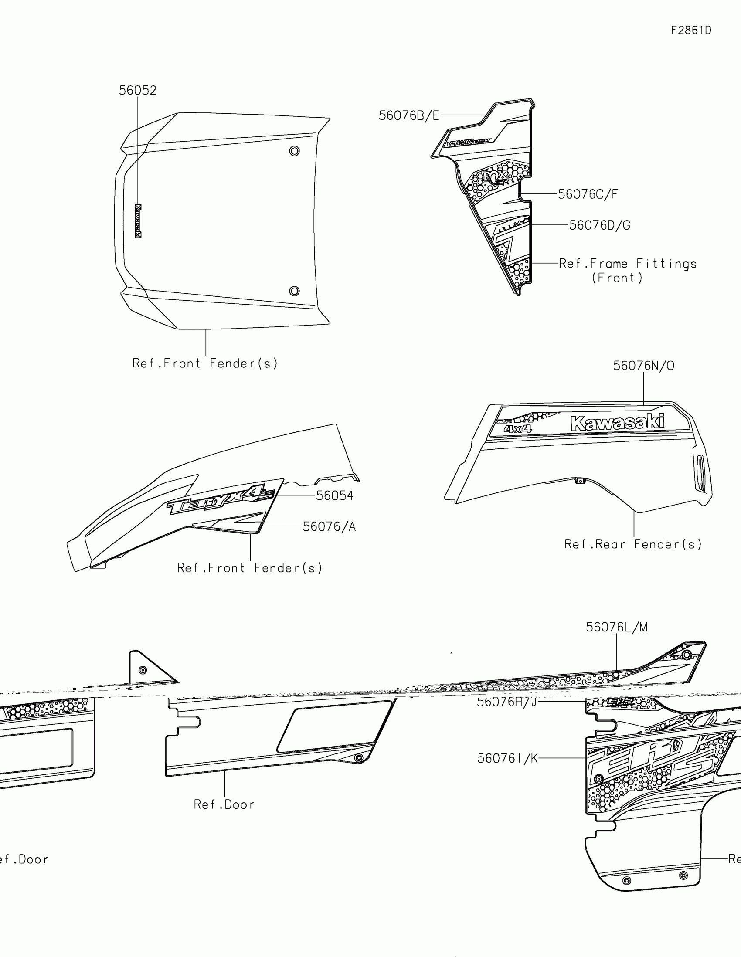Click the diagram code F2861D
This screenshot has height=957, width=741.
click(x=691, y=30)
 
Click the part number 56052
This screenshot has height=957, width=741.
click(x=138, y=90)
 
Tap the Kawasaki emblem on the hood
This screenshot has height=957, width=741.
click(x=138, y=221)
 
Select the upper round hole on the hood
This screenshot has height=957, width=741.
click(x=295, y=151)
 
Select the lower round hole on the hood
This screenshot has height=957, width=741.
click(x=295, y=291)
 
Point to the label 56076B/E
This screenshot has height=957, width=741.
click(x=408, y=115)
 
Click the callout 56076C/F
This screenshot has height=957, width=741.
click(x=588, y=194)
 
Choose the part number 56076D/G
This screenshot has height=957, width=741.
click(x=599, y=225)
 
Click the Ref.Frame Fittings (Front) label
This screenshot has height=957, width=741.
click(x=628, y=270)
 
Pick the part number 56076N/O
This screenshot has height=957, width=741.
click(x=643, y=366)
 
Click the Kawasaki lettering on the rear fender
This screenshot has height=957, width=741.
click(x=617, y=422)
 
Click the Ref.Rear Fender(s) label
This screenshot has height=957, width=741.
click(x=633, y=544)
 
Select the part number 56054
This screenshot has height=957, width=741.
click(x=334, y=495)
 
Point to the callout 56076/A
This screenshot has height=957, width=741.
click(x=329, y=526)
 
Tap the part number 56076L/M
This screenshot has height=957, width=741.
click(x=616, y=627)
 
